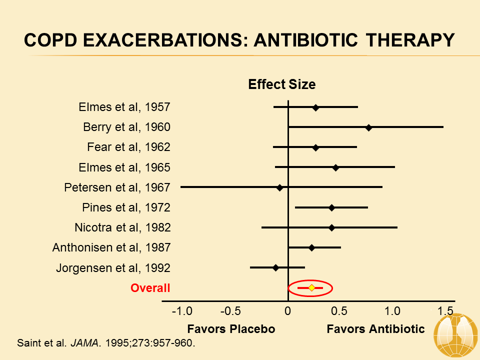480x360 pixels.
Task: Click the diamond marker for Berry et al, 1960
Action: pyautogui.click(x=369, y=127)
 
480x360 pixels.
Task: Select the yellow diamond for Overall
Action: pyautogui.click(x=311, y=287)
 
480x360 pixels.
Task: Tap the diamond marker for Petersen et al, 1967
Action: pyautogui.click(x=279, y=187)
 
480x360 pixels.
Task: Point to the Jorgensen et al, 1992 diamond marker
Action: pyautogui.click(x=275, y=267)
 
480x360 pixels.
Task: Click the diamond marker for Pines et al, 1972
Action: pyautogui.click(x=331, y=207)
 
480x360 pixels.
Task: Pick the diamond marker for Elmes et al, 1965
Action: pyautogui.click(x=335, y=167)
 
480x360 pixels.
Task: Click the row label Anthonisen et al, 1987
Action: pyautogui.click(x=111, y=247)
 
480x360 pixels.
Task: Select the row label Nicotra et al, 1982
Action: pyautogui.click(x=122, y=227)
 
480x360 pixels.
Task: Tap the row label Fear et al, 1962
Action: pyautogui.click(x=128, y=147)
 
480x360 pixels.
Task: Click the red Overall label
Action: pyautogui.click(x=150, y=288)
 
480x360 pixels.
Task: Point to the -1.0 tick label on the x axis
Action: pyautogui.click(x=182, y=311)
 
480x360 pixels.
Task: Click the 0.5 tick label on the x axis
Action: pyautogui.click(x=339, y=311)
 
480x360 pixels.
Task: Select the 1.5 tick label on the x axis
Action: pyautogui.click(x=445, y=311)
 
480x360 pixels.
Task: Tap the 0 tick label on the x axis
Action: pyautogui.click(x=287, y=311)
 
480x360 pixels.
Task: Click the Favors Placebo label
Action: pyautogui.click(x=231, y=329)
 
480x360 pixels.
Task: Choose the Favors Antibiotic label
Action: pyautogui.click(x=375, y=329)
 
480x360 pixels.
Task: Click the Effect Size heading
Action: pyautogui.click(x=282, y=84)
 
